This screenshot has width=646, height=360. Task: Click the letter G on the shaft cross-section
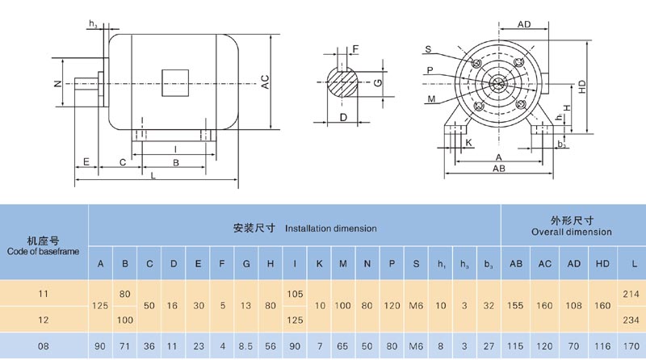point(377,82)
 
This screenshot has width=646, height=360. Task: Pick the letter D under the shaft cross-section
point(343,118)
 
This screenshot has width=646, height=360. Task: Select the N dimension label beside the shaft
point(57,84)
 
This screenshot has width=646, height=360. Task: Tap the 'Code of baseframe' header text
point(42,251)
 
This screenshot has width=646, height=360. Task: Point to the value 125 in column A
point(101,306)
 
